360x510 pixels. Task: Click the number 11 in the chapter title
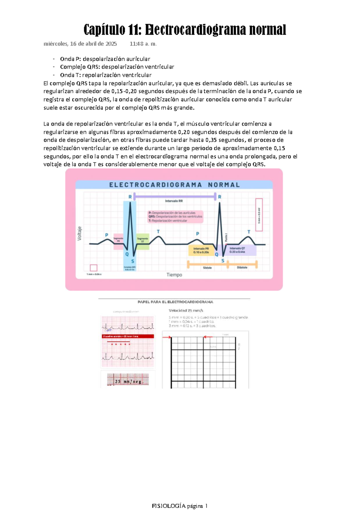tap(134, 30)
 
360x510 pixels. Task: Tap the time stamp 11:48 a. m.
tap(143, 44)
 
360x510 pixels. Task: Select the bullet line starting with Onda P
tap(105, 59)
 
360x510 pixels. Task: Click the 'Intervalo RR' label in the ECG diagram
tap(174, 201)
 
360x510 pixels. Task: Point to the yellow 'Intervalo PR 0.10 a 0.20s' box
tap(201, 250)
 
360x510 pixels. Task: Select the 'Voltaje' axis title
tap(79, 233)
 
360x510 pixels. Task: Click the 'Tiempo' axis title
tap(174, 275)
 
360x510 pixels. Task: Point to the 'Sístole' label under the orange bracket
tap(207, 267)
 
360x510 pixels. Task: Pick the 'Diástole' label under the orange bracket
tap(242, 267)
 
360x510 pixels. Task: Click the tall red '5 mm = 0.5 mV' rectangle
tap(259, 215)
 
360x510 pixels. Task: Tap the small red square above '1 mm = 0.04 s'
tap(94, 268)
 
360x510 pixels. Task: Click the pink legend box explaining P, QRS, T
tap(175, 216)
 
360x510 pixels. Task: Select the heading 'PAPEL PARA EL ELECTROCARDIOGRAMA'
tap(175, 302)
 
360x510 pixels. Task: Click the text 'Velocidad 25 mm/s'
tap(186, 311)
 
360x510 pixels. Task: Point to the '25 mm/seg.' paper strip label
tap(128, 381)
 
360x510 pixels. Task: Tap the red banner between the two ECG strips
tap(128, 336)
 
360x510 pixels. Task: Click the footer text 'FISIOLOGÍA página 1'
tap(180, 506)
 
